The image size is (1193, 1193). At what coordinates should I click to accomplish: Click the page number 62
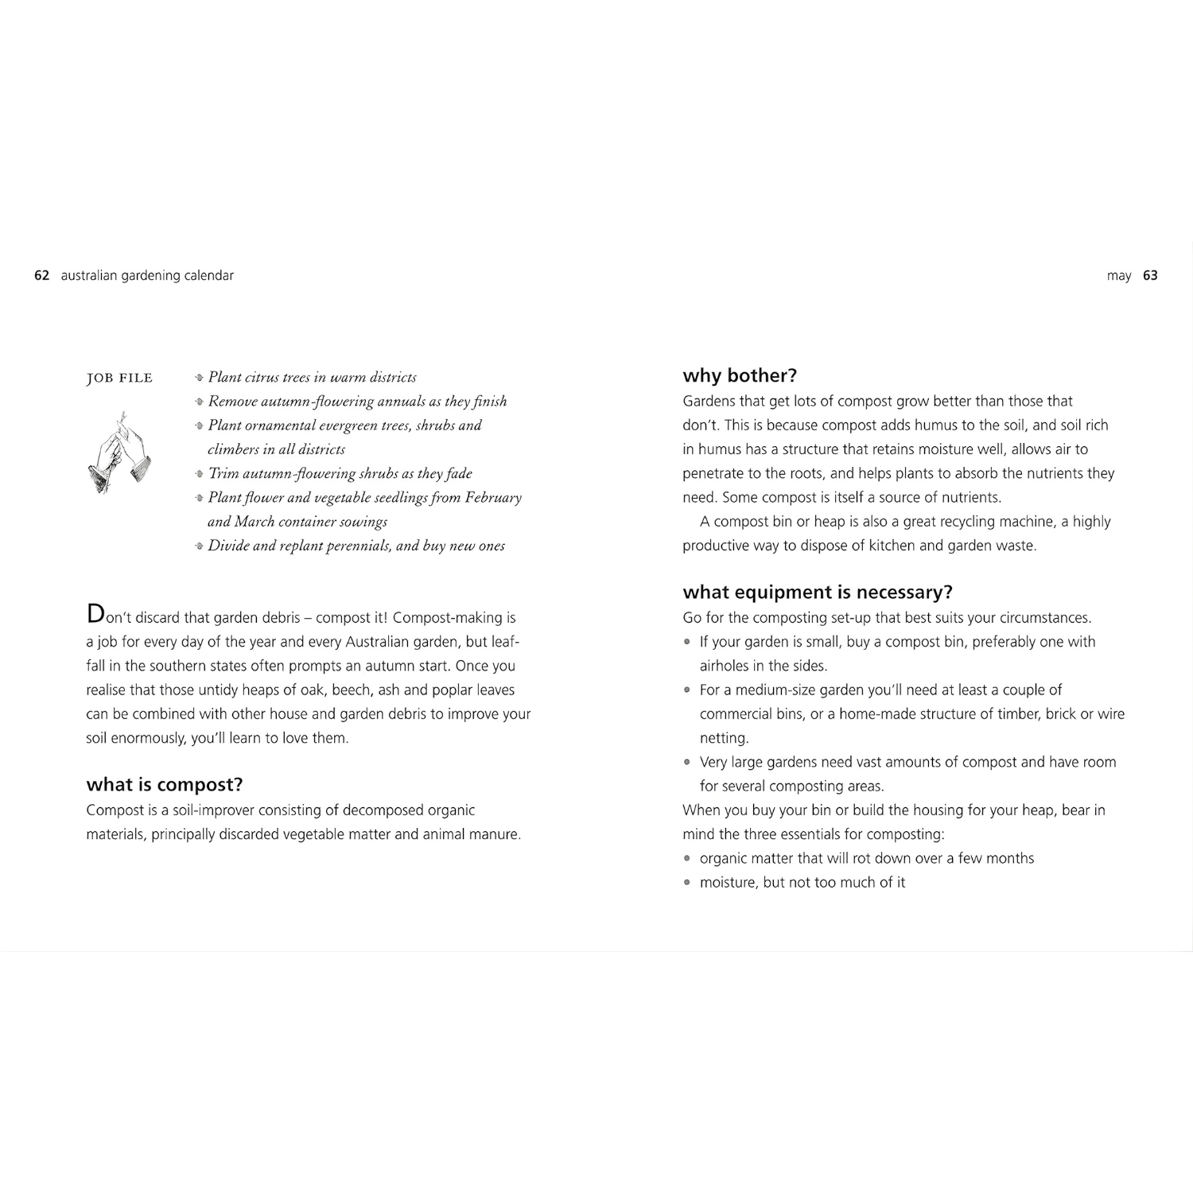click(41, 276)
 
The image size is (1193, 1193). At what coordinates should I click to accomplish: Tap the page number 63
click(1150, 276)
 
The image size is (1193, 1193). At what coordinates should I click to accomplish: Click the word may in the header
click(1118, 276)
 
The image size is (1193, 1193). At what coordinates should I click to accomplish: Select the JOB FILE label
click(119, 378)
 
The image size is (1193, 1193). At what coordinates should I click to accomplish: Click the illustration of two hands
click(119, 454)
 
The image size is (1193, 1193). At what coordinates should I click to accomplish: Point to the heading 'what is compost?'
click(165, 785)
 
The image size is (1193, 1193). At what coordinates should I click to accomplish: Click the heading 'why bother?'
click(740, 375)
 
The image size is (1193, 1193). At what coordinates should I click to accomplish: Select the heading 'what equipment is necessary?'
click(818, 593)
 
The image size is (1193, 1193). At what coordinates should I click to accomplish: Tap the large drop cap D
click(95, 614)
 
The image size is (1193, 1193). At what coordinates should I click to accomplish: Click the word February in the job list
click(493, 498)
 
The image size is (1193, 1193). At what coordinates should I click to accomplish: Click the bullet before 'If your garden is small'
click(688, 643)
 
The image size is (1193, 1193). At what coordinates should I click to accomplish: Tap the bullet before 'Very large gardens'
click(688, 763)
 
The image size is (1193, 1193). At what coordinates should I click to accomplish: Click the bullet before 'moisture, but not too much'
click(688, 883)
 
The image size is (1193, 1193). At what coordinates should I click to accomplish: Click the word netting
click(724, 739)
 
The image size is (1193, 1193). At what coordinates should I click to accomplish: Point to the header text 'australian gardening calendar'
click(147, 276)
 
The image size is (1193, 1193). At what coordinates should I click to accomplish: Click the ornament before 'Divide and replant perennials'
click(199, 546)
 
